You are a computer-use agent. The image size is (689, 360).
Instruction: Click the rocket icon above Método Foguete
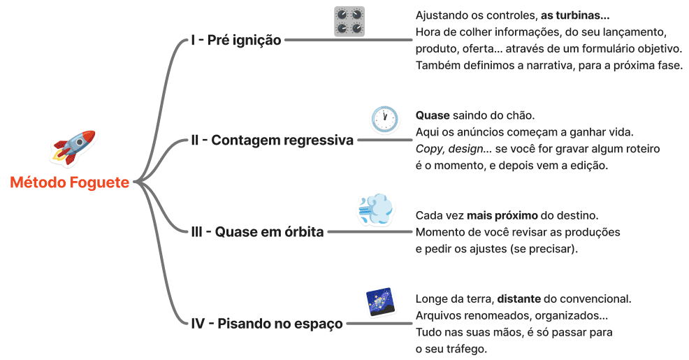pos(73,147)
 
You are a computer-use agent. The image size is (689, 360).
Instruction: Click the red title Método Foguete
pos(70,183)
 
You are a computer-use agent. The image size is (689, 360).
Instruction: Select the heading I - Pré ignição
pos(235,41)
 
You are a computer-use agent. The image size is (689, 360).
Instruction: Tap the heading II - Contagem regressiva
pos(272,141)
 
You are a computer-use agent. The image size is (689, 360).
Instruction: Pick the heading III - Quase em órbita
pos(257,232)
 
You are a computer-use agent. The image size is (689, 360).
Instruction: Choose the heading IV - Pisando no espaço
pos(267,324)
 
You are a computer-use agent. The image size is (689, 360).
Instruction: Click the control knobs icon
pos(349,21)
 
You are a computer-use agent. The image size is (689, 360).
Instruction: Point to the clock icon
pos(384,119)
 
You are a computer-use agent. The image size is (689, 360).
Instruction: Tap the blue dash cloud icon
pos(375,209)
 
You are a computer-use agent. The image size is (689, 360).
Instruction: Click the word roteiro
pos(637,149)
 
